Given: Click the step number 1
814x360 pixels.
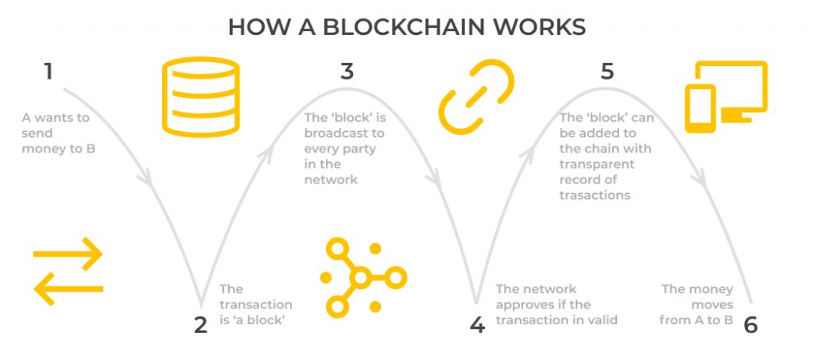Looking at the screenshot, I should click(48, 72).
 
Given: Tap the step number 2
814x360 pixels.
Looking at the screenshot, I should click(200, 324).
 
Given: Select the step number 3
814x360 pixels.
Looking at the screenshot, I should click(347, 72).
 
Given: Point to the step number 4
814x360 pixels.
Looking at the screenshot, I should click(477, 324).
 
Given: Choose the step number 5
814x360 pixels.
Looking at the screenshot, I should click(607, 72).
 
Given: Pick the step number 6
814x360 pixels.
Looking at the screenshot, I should click(751, 324).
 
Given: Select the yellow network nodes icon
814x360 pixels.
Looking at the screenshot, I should click(362, 277).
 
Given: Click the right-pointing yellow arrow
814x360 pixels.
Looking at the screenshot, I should click(68, 255).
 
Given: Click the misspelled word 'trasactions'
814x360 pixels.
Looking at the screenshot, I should click(595, 195).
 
